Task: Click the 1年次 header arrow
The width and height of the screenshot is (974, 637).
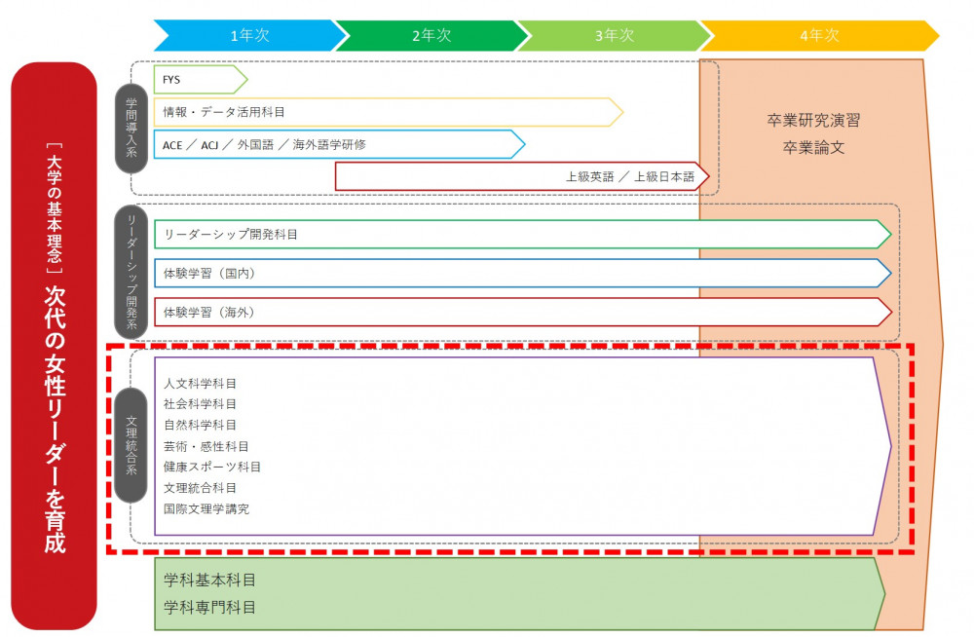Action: (x=249, y=35)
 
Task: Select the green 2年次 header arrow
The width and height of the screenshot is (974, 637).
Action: (x=431, y=35)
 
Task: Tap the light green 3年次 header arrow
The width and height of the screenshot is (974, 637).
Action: (x=614, y=35)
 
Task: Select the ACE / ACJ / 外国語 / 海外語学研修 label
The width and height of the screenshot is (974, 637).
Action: (x=264, y=144)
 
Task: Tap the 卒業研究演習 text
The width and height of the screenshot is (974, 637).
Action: (x=813, y=122)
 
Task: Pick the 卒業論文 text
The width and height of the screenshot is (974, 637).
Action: (x=813, y=148)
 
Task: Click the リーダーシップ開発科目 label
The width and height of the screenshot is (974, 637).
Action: (x=231, y=234)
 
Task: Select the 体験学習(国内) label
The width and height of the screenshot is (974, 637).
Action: (x=209, y=273)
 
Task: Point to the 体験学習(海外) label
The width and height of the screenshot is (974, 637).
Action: (x=209, y=312)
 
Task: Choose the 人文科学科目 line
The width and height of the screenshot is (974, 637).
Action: (x=200, y=383)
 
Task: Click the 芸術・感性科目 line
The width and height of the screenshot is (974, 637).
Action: (x=206, y=445)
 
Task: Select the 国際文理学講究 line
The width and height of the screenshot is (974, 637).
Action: (x=206, y=508)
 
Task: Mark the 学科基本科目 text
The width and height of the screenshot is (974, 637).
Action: (x=210, y=581)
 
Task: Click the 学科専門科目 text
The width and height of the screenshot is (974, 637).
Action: (x=210, y=607)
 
